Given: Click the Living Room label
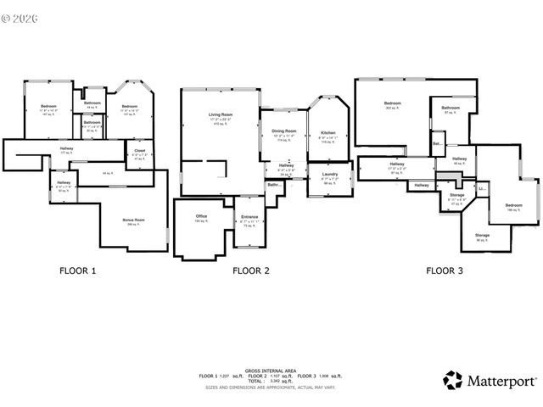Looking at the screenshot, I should click(x=221, y=114).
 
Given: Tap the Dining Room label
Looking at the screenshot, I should click(x=283, y=131).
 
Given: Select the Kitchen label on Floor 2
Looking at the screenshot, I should click(x=327, y=133).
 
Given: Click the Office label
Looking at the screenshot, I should click(x=202, y=216).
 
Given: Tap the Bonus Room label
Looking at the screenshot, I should click(x=133, y=220).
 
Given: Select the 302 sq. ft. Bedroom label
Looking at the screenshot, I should click(x=393, y=103).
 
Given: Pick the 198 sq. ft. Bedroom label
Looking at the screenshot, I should click(x=490, y=205).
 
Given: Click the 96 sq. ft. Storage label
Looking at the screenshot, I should click(x=482, y=235).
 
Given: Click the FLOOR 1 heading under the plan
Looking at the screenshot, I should click(x=77, y=271).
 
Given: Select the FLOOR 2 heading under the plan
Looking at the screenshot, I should click(x=251, y=271).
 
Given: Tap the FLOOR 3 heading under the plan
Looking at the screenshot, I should click(x=445, y=271).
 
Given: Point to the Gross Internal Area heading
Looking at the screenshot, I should click(x=270, y=370).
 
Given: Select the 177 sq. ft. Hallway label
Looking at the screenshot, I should click(x=66, y=149).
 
